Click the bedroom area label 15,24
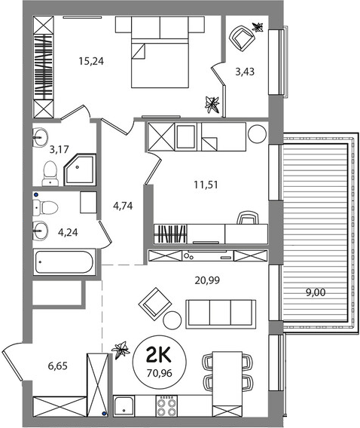[x=91, y=61]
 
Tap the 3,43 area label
[x=245, y=72]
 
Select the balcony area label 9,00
[x=316, y=292]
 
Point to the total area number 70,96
[x=159, y=373]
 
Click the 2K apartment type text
[x=159, y=355]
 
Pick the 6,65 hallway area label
[x=57, y=365]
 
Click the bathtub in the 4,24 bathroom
[x=64, y=262]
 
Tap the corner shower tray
[x=80, y=170]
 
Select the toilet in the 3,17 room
[x=50, y=173]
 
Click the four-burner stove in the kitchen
[x=166, y=406]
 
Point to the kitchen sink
[x=124, y=406]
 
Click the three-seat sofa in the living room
[x=221, y=314]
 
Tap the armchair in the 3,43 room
[x=241, y=38]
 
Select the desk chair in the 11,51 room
[x=248, y=218]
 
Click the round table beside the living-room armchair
[x=172, y=320]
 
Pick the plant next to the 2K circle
[x=121, y=350]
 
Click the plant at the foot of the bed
[x=212, y=105]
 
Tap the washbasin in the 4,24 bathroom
[x=41, y=231]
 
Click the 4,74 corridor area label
[x=123, y=206]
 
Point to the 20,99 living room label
[x=207, y=280]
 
